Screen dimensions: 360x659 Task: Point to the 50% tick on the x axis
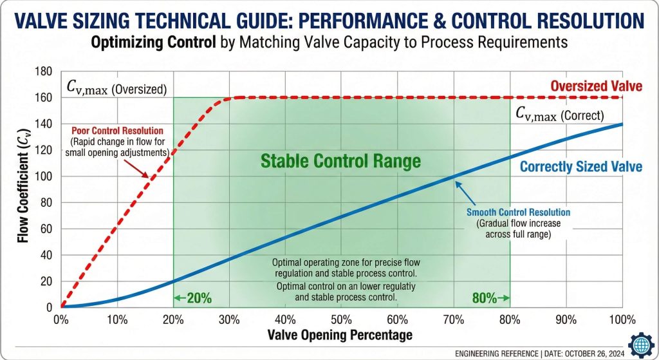(341, 320)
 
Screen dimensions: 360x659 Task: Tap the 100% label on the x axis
(622, 320)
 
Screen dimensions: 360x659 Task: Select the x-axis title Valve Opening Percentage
(341, 335)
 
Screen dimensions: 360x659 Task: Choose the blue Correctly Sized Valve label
(580, 167)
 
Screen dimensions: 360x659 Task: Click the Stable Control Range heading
(340, 160)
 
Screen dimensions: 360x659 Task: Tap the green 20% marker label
(193, 298)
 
